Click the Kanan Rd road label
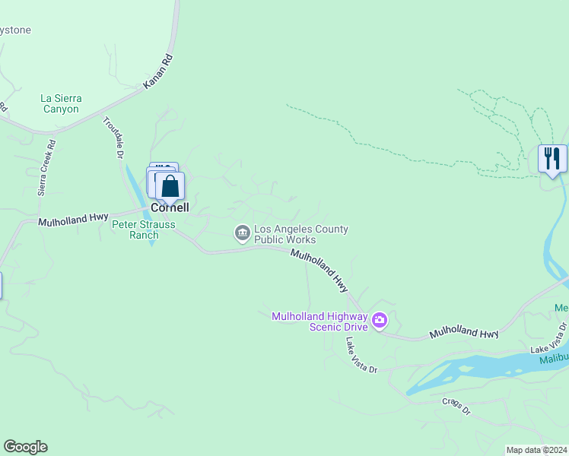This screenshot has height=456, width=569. pos(158,70)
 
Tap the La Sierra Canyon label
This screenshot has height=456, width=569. pos(61,104)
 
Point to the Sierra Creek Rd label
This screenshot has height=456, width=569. pos(47,166)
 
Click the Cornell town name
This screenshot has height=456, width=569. pos(170,207)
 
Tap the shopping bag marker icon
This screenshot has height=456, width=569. pos(170,185)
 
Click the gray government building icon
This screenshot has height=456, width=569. pos(243,233)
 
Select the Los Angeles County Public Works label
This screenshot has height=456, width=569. pos(300,234)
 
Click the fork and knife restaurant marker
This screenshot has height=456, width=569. pos(552,159)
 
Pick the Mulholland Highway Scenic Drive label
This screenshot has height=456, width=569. pos(320,321)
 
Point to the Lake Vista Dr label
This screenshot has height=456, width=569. pos(361,354)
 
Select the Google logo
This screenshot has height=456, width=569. pos(25,447)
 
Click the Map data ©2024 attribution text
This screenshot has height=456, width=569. pos(536,450)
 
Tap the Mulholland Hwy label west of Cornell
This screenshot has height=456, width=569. pos(75,220)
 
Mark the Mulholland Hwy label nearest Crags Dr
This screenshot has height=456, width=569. pos(463,333)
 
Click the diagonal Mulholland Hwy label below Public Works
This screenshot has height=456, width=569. pos(319,271)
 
